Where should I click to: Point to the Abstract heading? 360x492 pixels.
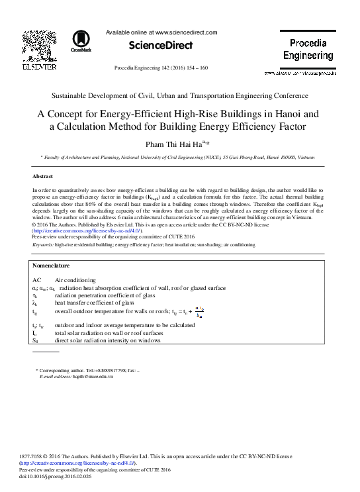point(42,177)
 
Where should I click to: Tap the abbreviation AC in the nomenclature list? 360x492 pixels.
point(37,281)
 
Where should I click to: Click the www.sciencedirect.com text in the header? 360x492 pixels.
point(183,31)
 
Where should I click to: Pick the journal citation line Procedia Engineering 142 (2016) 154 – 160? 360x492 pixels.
point(171,68)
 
